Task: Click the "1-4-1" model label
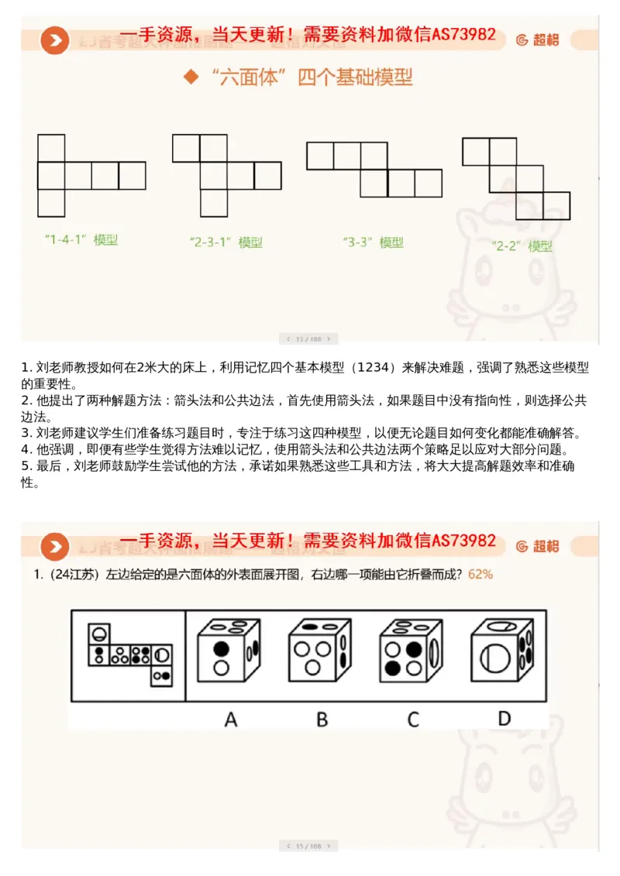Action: pos(81,240)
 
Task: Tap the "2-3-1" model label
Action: pos(226,242)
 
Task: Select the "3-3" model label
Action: pos(373,242)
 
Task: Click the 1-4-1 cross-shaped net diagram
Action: pos(91,176)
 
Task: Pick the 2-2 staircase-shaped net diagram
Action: pos(516,179)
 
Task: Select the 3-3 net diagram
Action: pos(374,170)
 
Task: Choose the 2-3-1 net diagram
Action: pos(226,176)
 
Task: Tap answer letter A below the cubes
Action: pos(231,720)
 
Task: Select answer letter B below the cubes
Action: pos(322,720)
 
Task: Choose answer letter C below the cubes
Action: pos(412,720)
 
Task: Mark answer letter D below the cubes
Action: pos(505,719)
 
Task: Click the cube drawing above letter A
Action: pos(230,651)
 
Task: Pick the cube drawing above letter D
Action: pos(505,651)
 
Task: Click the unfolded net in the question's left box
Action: pos(129,655)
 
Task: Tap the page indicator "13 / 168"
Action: pos(308,338)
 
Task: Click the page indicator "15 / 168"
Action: pos(308,846)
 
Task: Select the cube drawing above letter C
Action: pos(412,651)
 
